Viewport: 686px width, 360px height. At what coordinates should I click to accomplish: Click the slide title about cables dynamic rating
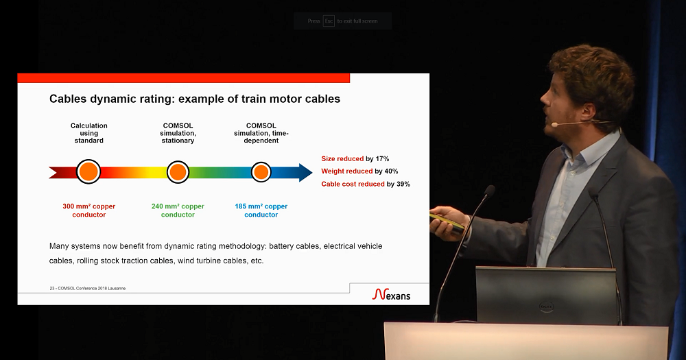tap(195, 99)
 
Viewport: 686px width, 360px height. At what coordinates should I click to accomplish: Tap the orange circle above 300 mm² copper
tap(88, 171)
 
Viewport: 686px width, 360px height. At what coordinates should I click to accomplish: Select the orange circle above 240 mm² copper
tap(178, 172)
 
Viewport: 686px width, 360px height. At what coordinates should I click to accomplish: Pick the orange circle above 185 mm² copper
tap(261, 172)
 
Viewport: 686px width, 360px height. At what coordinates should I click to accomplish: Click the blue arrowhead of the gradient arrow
tap(305, 172)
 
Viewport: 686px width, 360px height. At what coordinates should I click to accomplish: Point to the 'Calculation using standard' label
tap(88, 133)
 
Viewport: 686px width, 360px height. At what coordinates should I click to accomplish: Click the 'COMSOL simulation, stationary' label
tap(178, 133)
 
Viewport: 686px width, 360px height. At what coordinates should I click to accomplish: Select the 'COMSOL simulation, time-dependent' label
tap(261, 133)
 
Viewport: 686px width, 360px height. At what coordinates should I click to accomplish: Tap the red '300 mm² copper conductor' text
tap(88, 211)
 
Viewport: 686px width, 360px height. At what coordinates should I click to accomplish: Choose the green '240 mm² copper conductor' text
tap(178, 211)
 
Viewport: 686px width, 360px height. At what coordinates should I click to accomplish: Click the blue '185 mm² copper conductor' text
tap(261, 211)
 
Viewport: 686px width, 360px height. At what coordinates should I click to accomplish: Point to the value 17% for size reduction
tap(382, 159)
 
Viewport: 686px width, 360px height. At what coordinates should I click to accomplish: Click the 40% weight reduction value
tap(392, 171)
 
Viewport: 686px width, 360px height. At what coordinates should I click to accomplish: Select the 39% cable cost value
tap(403, 184)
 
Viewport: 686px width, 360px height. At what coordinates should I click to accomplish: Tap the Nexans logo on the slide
tap(391, 294)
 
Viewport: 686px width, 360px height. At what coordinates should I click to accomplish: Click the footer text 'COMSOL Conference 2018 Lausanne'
tap(92, 288)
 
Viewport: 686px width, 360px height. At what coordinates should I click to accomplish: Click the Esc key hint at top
tap(329, 21)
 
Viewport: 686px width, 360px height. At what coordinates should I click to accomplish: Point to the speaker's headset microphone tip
tap(554, 125)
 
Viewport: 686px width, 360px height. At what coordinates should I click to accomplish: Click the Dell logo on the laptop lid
tap(547, 307)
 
